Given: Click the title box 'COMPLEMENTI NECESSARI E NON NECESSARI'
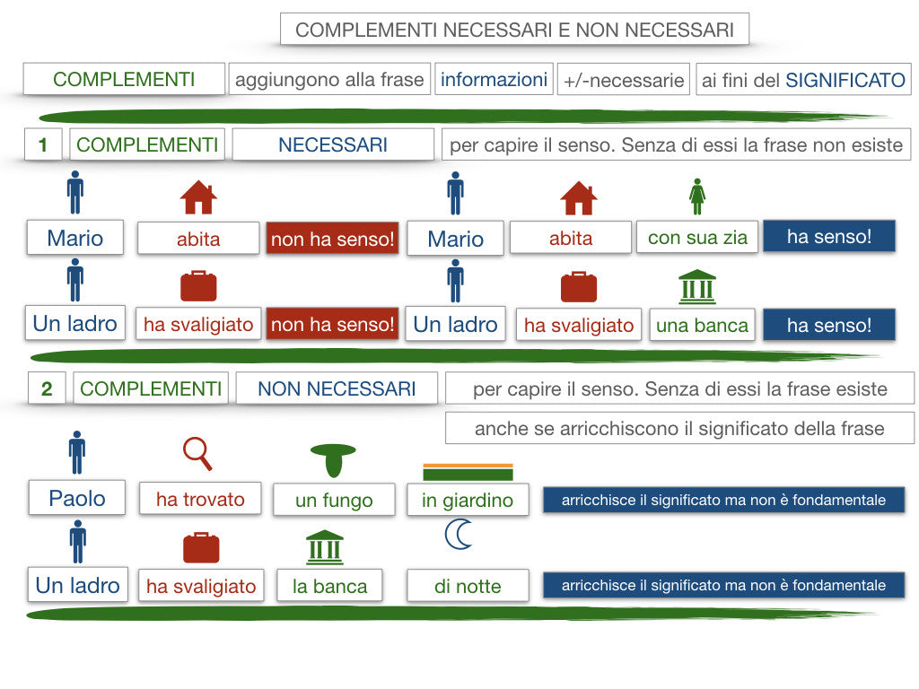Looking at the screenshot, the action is [514, 30].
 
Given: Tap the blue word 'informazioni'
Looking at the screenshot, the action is [494, 79].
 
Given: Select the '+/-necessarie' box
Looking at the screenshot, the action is [623, 79].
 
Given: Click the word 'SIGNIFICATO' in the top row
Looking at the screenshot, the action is [845, 80].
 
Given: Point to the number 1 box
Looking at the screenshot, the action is [43, 144].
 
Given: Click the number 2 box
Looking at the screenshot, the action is [47, 388].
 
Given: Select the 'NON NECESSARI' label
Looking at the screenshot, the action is [337, 388].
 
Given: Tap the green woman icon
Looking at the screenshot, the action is [696, 196].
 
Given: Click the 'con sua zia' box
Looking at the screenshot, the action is [696, 237].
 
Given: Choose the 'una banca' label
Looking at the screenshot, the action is [702, 325].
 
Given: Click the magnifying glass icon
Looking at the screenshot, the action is [197, 453].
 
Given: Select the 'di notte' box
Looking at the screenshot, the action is [468, 585].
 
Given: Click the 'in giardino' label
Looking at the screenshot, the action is [468, 500].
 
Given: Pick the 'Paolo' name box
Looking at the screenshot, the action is [77, 498].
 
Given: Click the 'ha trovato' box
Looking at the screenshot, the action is [200, 499].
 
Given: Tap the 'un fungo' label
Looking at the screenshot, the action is [334, 500].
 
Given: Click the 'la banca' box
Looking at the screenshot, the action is [329, 585].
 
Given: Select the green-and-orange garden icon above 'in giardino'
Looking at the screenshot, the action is [468, 472].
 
